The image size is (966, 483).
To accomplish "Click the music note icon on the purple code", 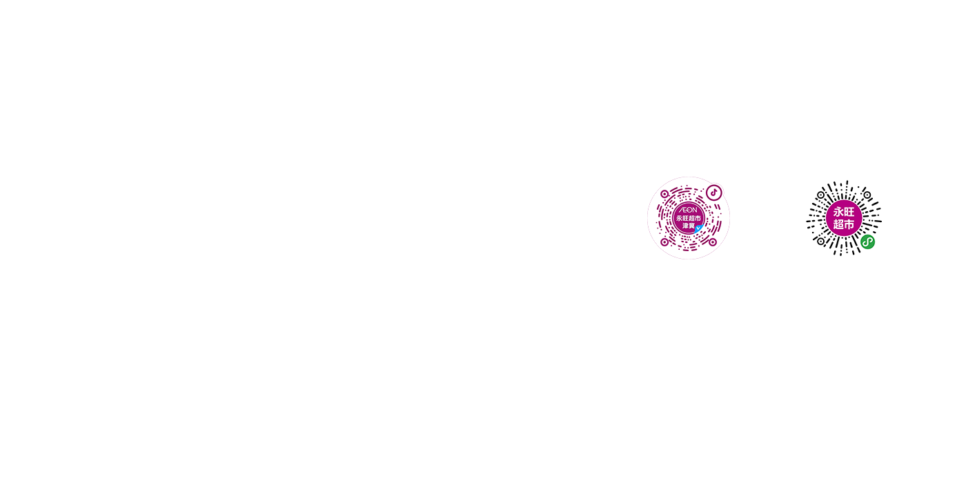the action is click(713, 193).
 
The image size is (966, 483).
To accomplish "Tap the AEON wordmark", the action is click(689, 210).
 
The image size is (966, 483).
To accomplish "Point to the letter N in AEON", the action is click(694, 210).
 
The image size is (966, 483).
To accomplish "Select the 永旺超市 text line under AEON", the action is click(689, 218).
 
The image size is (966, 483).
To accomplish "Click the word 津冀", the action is click(689, 226).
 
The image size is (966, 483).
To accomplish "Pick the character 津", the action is click(685, 226).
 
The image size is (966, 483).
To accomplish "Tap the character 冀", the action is click(691, 226).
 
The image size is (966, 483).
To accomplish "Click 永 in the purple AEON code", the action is click(679, 218).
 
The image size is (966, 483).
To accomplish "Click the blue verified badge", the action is click(698, 228).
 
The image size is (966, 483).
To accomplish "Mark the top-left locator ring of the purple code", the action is click(664, 194).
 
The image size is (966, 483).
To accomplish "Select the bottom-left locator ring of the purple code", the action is click(664, 242).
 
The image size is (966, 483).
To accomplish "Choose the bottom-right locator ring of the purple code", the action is click(713, 242).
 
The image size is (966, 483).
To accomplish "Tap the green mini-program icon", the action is click(868, 242).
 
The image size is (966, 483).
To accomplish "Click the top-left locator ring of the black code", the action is click(820, 195).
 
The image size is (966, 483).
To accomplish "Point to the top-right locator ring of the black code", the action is click(867, 195).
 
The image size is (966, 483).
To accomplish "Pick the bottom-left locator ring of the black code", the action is click(820, 241).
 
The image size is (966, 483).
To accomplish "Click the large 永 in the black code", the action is click(838, 212).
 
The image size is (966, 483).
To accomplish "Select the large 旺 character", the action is click(849, 212).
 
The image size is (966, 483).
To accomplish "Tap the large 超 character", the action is click(838, 224).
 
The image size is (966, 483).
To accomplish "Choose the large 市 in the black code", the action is click(849, 224).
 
